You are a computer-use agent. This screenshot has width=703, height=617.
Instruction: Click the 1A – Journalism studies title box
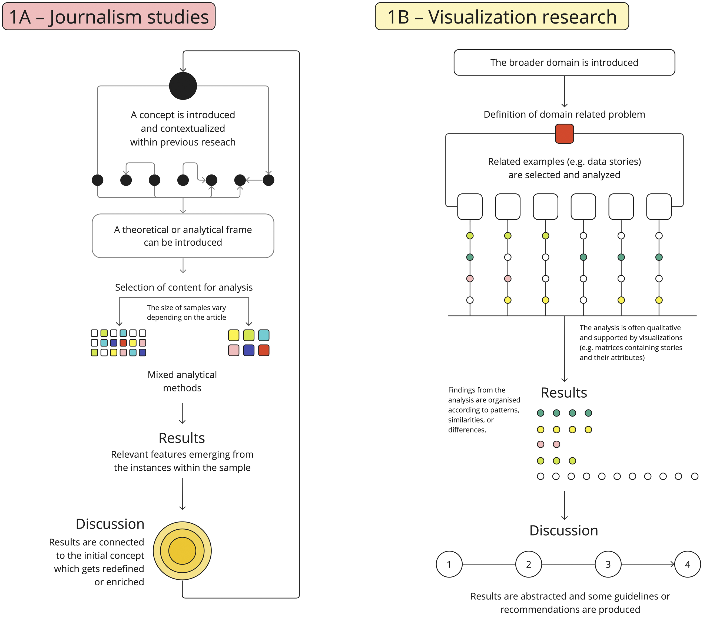click(109, 16)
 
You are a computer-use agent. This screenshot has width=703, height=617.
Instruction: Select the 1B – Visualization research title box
click(502, 16)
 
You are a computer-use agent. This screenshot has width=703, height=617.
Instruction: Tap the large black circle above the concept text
click(183, 86)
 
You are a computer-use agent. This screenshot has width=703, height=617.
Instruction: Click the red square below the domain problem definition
click(564, 134)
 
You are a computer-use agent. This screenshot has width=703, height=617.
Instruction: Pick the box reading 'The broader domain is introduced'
click(564, 62)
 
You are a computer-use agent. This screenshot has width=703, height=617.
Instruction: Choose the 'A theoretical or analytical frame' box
click(183, 236)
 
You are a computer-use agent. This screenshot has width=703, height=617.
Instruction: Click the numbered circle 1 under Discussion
click(449, 564)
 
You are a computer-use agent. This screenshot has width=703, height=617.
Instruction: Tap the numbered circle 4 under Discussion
click(688, 564)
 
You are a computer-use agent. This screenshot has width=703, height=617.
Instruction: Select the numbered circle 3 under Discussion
click(608, 564)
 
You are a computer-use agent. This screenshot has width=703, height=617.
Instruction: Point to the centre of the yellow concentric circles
click(182, 550)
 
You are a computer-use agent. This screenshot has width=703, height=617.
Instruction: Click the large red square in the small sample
click(264, 350)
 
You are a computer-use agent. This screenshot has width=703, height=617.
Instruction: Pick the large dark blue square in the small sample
click(249, 350)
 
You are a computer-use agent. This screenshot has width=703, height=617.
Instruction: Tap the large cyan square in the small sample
click(264, 335)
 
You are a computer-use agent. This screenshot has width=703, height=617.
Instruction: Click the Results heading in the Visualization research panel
click(564, 393)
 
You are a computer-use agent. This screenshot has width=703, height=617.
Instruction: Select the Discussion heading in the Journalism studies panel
click(110, 524)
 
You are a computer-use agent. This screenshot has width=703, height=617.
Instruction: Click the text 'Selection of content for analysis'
click(184, 287)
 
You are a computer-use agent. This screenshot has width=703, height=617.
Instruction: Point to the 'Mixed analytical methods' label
click(182, 381)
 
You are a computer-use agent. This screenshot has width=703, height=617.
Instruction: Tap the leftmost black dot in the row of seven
click(98, 180)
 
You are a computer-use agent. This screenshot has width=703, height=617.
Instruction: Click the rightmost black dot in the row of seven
click(268, 180)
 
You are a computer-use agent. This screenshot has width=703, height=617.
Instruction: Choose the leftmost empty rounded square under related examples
click(470, 206)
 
